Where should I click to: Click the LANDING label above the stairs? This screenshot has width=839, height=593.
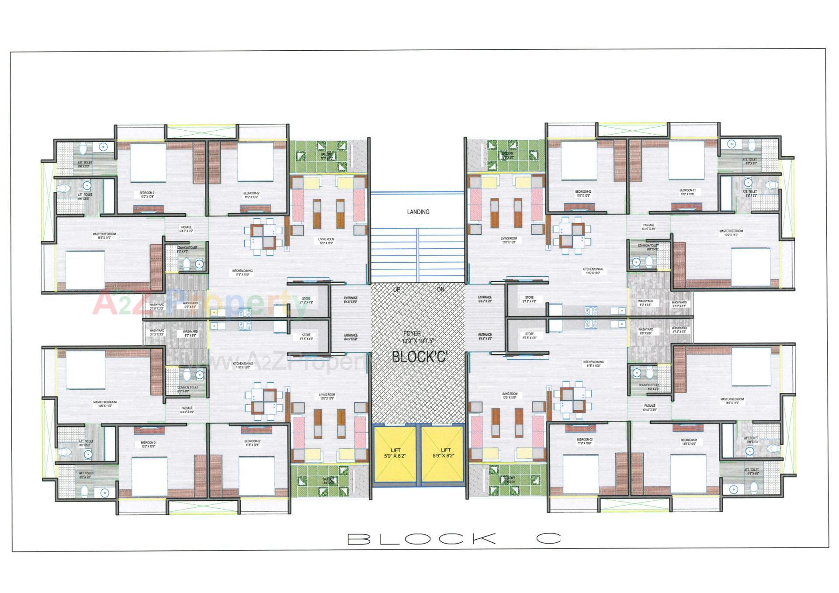pos(418,212)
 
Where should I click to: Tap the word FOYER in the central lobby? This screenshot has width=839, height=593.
pos(412,333)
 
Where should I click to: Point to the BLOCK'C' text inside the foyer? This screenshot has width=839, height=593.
pos(419,357)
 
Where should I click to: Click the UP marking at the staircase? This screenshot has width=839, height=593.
pos(397,289)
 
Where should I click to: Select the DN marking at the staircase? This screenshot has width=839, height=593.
pos(440,289)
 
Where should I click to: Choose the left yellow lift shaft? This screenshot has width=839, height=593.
pos(395,454)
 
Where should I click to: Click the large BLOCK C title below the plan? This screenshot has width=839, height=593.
pos(454,539)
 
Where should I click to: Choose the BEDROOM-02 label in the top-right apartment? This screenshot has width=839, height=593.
pos(583,193)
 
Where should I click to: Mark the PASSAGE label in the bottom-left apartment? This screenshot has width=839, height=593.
pos(187,410)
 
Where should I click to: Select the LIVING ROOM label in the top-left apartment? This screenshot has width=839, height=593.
pos(326,241)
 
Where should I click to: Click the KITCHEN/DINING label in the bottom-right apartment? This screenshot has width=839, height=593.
pos(593,364)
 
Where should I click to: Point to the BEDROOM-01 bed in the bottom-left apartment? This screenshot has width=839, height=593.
pos(149,476)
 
